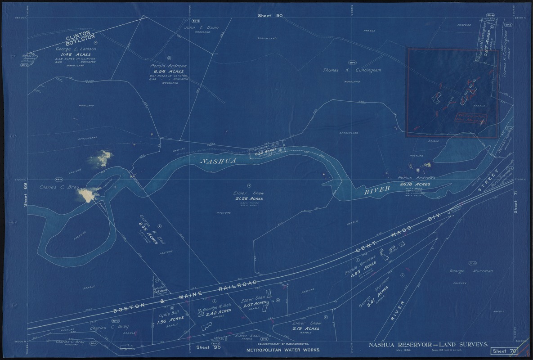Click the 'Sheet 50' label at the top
click(x=270, y=16)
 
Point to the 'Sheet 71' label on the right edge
click(x=516, y=201)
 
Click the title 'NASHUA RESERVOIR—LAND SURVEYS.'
click(x=429, y=345)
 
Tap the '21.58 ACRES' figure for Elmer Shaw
click(x=248, y=198)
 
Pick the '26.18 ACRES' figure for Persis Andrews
click(x=414, y=184)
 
